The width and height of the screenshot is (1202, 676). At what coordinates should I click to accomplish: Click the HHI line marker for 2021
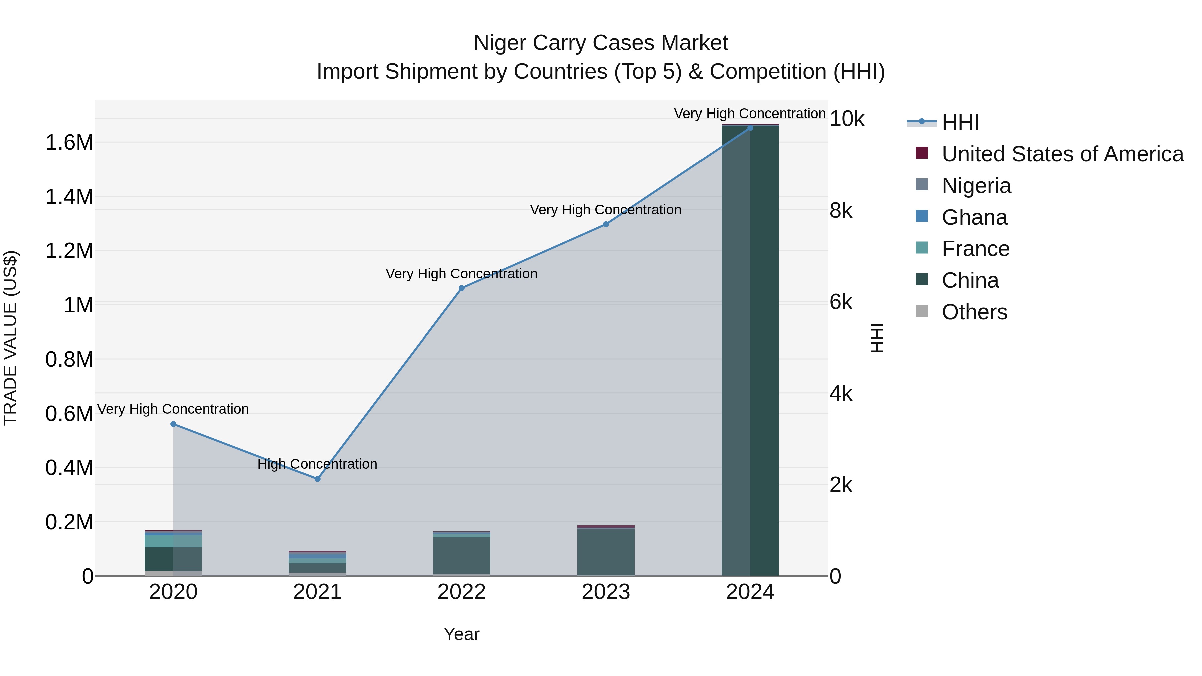[x=317, y=479]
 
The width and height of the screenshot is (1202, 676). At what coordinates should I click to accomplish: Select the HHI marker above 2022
[x=461, y=288]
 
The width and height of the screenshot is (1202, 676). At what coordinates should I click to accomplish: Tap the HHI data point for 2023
[x=606, y=224]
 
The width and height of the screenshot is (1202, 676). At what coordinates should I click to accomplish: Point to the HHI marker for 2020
[x=173, y=424]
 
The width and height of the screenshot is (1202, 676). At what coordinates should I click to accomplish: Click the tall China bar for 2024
[x=750, y=350]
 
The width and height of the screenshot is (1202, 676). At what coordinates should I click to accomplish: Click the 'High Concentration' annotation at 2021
[x=317, y=464]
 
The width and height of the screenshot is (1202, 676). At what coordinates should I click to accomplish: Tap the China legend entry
[x=970, y=280]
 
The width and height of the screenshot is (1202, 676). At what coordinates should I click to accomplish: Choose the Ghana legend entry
[x=974, y=217]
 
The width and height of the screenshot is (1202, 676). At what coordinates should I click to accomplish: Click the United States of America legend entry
[x=1062, y=154]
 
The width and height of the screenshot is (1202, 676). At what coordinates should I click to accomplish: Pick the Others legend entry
[x=974, y=312]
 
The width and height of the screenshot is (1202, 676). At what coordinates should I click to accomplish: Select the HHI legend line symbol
[x=921, y=122]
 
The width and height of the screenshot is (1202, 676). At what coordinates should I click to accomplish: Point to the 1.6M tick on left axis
[x=69, y=142]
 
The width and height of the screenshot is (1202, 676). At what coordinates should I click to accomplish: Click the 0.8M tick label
[x=69, y=360]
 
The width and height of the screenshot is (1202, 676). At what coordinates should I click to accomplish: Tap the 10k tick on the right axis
[x=847, y=119]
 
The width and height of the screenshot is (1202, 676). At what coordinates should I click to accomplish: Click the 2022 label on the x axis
[x=461, y=592]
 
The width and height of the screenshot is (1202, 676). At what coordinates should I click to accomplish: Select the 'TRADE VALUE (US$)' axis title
[x=10, y=338]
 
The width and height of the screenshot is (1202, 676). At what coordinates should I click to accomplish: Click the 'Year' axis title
[x=461, y=634]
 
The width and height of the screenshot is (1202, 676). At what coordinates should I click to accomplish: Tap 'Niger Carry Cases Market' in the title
[x=601, y=43]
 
